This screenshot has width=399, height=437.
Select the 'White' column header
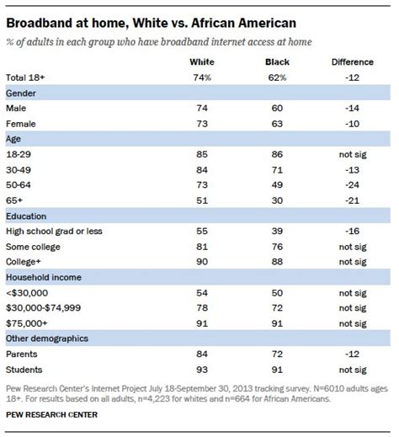pos(202,61)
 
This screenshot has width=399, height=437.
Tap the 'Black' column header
pos(277,61)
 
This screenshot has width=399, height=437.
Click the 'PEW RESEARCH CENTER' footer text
pos(50,414)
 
